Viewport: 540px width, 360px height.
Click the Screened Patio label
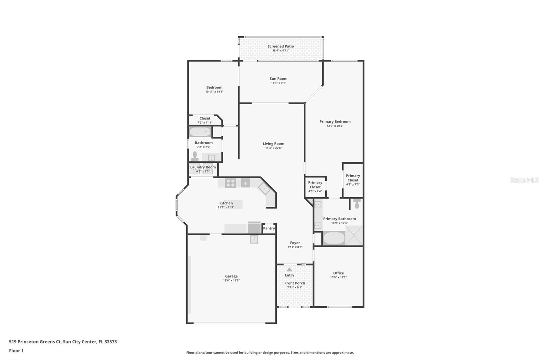coord(280,46)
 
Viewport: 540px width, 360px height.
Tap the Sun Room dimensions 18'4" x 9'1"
coord(278,83)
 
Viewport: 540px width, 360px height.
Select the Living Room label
coord(273,144)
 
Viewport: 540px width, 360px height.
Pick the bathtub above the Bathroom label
coord(200,132)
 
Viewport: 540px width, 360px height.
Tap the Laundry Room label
coord(203,167)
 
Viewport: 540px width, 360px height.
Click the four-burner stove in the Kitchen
coord(231,183)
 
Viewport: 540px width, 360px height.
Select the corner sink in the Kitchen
coord(264,189)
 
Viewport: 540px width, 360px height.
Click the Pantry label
coord(269,228)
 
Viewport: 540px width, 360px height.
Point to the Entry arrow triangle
coord(289,269)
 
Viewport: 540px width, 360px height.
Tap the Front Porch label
coord(295,283)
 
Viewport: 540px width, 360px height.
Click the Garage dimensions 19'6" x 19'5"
coord(231,281)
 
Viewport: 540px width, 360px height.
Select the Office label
coord(338,273)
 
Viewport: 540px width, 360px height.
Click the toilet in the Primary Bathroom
coord(357,204)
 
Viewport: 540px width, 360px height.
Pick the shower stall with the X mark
coord(354,235)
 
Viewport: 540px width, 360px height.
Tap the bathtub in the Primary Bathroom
coord(334,238)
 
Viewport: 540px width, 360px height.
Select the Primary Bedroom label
coord(335,122)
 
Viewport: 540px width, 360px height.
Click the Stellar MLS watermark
coord(524,180)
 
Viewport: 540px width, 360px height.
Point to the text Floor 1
coord(16,351)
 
